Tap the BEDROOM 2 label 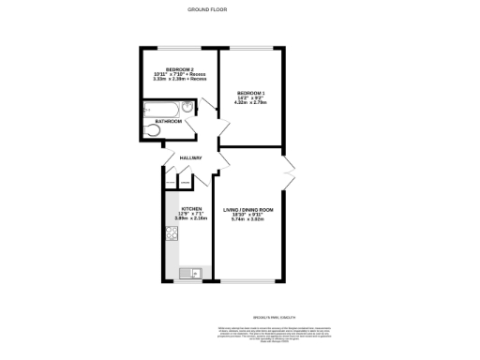point(179,70)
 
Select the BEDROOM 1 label point(250,93)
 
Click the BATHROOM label point(169,121)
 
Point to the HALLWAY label point(192,157)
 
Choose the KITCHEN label point(191,208)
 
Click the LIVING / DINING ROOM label point(248,208)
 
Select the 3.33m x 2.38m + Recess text point(179,81)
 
